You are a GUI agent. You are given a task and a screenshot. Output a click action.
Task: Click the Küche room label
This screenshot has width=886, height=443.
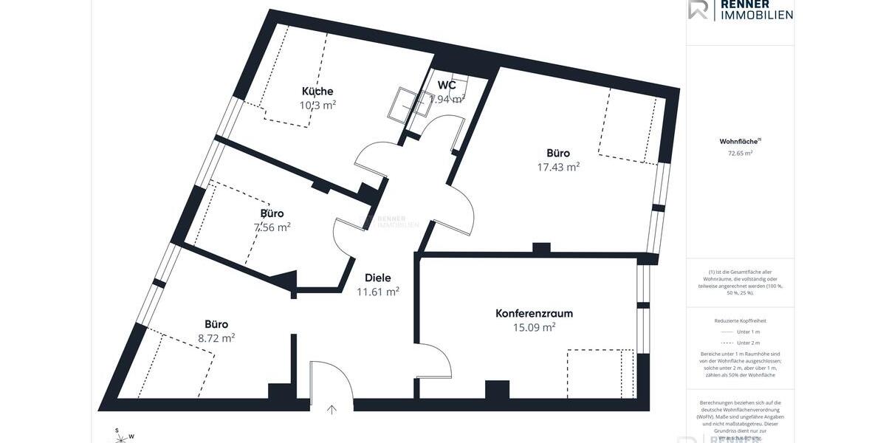[x=317, y=91]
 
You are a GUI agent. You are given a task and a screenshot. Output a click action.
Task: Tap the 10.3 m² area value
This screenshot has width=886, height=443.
[x=317, y=105]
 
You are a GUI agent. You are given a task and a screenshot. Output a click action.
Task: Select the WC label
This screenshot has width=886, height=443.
[x=447, y=85]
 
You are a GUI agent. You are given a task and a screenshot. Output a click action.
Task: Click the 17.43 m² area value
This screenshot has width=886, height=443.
[x=558, y=168]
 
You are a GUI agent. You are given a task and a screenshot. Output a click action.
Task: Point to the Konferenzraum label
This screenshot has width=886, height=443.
[x=534, y=313]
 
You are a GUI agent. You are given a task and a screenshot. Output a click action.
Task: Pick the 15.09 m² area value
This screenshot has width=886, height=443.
[x=534, y=327]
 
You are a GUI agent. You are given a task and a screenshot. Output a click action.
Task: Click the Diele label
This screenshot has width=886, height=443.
[x=378, y=278]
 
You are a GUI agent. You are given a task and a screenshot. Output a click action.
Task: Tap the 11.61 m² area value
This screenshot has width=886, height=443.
[x=378, y=292]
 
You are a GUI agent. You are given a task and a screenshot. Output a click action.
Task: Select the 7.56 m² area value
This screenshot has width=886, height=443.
[x=272, y=227]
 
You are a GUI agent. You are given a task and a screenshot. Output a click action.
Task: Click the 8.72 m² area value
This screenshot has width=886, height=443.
[x=216, y=338]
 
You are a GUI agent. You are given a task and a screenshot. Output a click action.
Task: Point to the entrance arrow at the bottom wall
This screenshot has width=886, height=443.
[x=332, y=410]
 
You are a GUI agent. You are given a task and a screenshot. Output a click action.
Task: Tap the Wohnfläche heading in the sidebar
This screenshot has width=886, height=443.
[x=740, y=141]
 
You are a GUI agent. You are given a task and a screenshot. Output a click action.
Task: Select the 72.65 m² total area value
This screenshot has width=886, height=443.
[x=740, y=154]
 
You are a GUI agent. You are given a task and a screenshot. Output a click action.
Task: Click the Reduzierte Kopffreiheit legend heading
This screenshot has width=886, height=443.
[x=740, y=321]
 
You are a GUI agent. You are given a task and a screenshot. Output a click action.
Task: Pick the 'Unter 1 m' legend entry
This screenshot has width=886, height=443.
[x=740, y=332]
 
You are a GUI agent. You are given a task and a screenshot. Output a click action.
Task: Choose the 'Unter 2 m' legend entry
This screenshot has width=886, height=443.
[x=740, y=343]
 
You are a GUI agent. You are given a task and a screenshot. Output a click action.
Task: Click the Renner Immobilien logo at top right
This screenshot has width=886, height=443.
[x=741, y=10]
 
